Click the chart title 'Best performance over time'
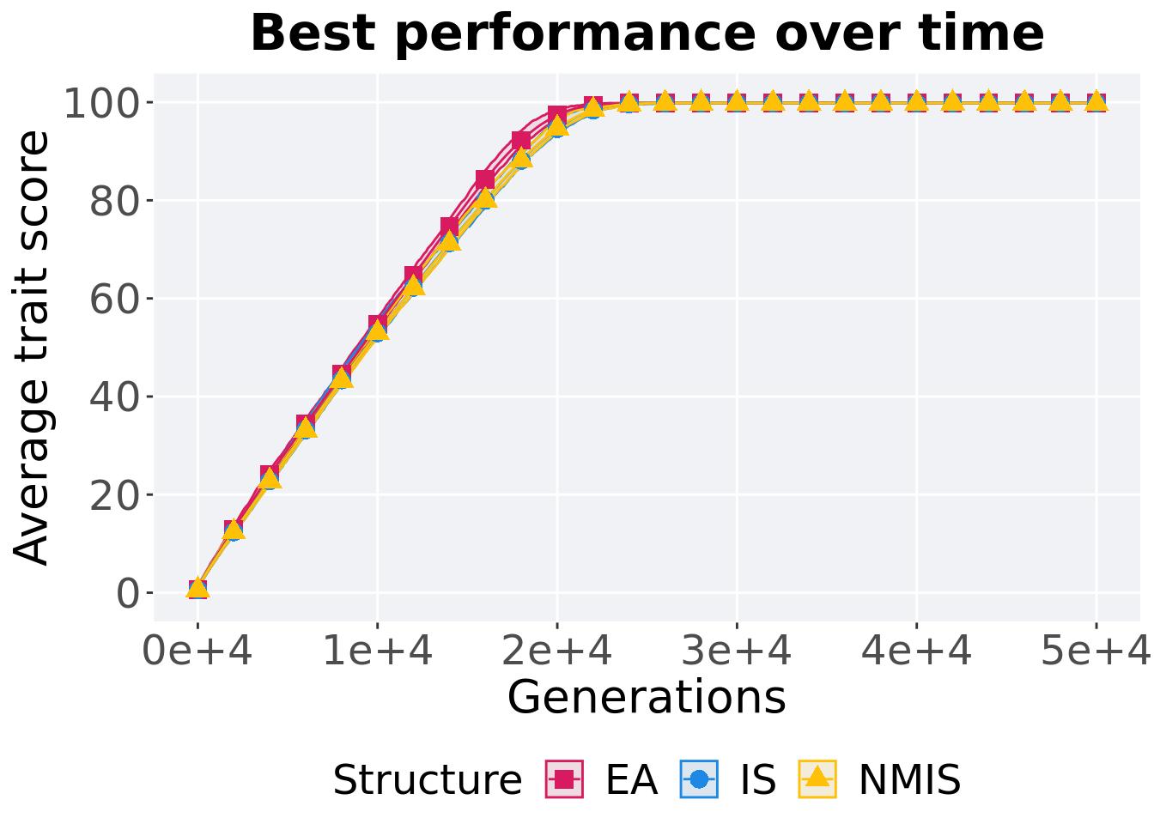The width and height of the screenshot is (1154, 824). coord(647,34)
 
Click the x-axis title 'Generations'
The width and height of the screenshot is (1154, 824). coord(647,697)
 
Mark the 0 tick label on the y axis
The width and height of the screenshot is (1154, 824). coord(127,593)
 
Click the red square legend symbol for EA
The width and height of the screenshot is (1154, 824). coord(564,779)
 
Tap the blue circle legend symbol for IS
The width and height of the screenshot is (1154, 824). coord(699,779)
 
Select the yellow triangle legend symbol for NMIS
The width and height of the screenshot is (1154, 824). coord(817,779)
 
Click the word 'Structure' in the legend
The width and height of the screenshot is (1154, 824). coord(427,780)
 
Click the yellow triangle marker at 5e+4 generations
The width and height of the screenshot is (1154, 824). coord(1096,102)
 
